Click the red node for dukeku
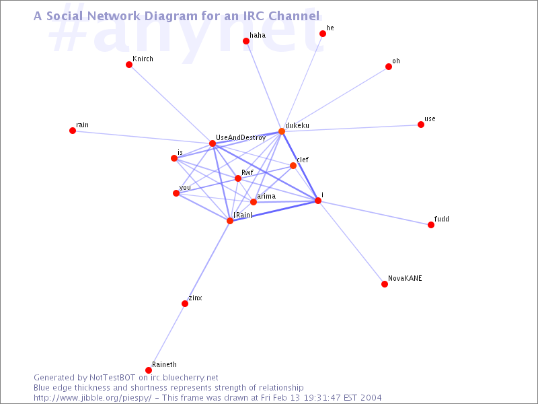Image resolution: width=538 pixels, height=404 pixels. pyautogui.click(x=282, y=131)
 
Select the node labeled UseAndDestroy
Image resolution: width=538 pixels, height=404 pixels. pyautogui.click(x=213, y=143)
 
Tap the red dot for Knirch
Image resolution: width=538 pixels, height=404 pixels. pyautogui.click(x=129, y=65)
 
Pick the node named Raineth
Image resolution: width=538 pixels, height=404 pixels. pyautogui.click(x=149, y=370)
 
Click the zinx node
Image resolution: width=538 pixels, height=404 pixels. pyautogui.click(x=185, y=304)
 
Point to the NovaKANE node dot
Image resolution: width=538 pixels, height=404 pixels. pyautogui.click(x=385, y=284)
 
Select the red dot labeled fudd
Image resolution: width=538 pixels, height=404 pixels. pyautogui.click(x=431, y=225)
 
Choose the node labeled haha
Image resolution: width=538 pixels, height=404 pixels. pyautogui.click(x=246, y=41)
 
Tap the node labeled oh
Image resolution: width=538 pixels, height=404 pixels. pyautogui.click(x=389, y=67)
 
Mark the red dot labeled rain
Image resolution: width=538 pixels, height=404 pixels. pyautogui.click(x=73, y=131)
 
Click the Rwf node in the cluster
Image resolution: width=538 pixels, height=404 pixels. pyautogui.click(x=238, y=178)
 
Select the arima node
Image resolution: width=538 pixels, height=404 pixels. pyautogui.click(x=254, y=202)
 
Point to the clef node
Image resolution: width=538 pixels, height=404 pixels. pyautogui.click(x=293, y=166)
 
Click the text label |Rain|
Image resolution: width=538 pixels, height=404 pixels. pyautogui.click(x=243, y=215)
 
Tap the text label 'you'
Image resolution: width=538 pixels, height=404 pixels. pyautogui.click(x=185, y=188)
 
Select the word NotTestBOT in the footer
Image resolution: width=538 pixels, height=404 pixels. pyautogui.click(x=112, y=378)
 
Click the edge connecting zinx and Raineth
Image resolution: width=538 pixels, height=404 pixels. pyautogui.click(x=167, y=337)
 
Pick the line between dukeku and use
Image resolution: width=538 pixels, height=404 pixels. pyautogui.click(x=351, y=128)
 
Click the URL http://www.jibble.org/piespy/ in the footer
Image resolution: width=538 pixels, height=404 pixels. pyautogui.click(x=92, y=398)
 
